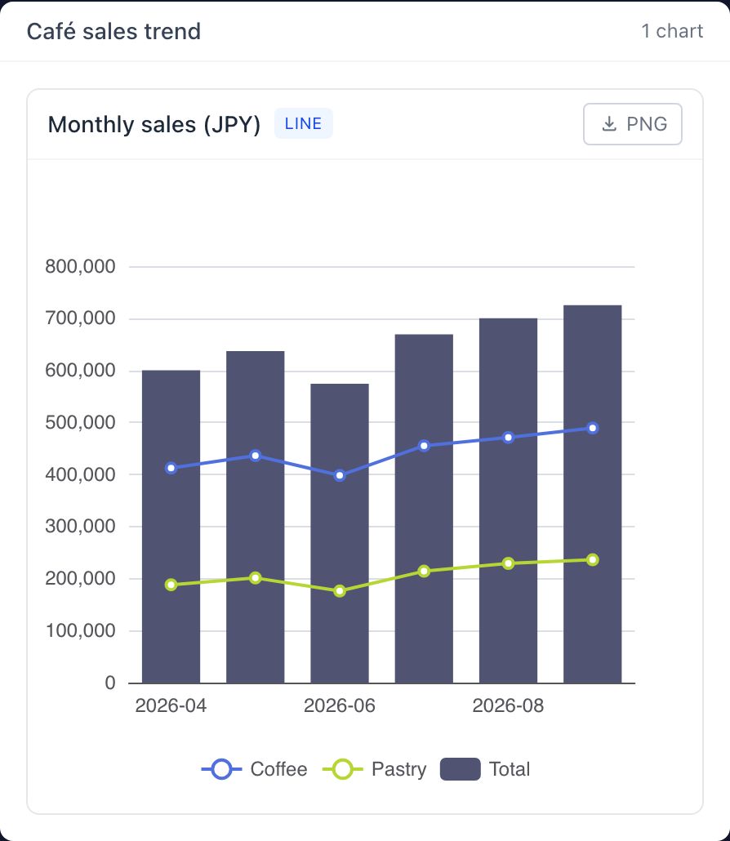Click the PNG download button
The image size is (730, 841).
632,124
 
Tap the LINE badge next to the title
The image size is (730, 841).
304,123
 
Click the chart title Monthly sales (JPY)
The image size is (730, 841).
154,124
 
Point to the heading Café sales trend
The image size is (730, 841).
114,31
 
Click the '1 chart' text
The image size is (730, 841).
672,31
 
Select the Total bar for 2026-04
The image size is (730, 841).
171,527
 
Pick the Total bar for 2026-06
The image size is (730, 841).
340,534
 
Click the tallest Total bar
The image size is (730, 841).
593,494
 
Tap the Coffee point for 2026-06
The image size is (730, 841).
340,476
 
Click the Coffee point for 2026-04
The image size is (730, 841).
171,468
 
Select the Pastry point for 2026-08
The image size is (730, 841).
509,563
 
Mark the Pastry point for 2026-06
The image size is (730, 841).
340,591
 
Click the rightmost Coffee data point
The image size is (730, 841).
593,428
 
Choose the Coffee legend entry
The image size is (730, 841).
254,769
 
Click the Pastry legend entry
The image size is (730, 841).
374,769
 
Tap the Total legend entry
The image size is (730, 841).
485,769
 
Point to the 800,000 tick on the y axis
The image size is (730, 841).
81,266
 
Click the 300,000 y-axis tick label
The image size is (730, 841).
81,527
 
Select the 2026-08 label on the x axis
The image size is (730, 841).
508,705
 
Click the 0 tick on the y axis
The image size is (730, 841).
110,683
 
